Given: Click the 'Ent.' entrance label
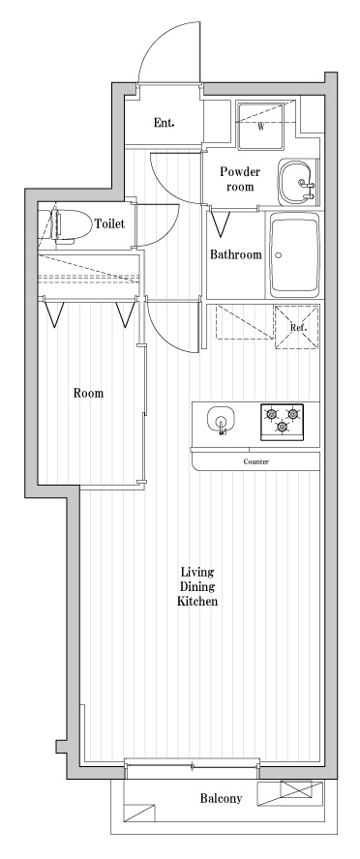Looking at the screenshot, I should pyautogui.click(x=165, y=123).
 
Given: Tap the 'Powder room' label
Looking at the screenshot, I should pyautogui.click(x=239, y=179).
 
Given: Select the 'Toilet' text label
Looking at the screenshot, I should pyautogui.click(x=108, y=224).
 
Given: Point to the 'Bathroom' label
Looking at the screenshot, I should pyautogui.click(x=236, y=255).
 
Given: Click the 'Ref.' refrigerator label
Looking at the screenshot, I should pyautogui.click(x=298, y=328).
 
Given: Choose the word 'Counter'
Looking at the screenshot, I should pyautogui.click(x=255, y=461).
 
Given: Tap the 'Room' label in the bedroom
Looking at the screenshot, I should pyautogui.click(x=88, y=394).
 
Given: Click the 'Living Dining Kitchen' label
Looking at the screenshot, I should pyautogui.click(x=196, y=586).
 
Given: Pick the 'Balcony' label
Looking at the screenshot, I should pyautogui.click(x=221, y=799).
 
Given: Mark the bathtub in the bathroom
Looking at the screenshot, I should pyautogui.click(x=296, y=256).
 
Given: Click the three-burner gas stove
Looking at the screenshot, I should pyautogui.click(x=282, y=421).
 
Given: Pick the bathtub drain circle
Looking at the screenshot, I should pyautogui.click(x=278, y=256).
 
